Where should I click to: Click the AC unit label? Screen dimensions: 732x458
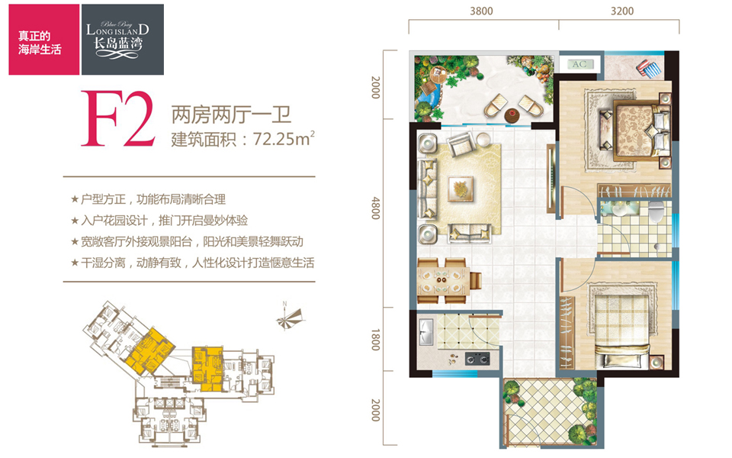coord(579,64)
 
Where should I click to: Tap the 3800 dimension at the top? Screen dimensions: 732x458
coord(481,11)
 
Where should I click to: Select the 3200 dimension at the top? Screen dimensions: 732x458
coord(622,11)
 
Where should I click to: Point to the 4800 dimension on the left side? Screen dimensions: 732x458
coord(375,208)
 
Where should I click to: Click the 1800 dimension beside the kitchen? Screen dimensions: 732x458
coord(375,340)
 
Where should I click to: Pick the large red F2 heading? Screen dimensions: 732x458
coord(117,119)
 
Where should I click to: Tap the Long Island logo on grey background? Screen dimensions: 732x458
coord(123,40)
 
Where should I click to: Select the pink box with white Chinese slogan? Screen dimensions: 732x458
coord(44,40)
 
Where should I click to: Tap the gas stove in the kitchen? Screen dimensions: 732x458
coord(477,359)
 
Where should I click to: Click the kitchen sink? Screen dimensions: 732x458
coord(426,331)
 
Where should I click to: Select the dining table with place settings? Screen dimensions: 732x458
coord(443,280)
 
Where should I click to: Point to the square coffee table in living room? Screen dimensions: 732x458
coord(461,189)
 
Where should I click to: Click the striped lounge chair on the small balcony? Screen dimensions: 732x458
coord(649,68)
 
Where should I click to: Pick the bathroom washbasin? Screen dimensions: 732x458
coord(621,210)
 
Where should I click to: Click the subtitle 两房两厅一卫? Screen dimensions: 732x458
coord(231,114)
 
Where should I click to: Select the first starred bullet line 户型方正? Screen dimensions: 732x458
coord(148,199)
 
